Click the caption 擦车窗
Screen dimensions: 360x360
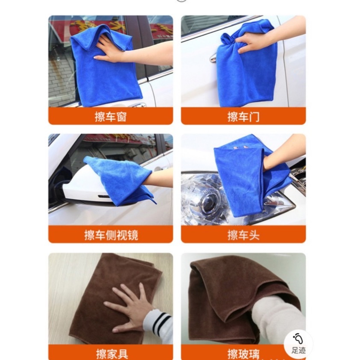[x=111, y=117]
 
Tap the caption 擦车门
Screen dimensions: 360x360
[x=243, y=117]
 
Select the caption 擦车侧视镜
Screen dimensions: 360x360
[x=111, y=235]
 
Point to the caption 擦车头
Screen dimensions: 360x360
[x=243, y=235]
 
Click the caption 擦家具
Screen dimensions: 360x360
[x=112, y=354]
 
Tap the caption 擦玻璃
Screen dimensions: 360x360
[x=243, y=354]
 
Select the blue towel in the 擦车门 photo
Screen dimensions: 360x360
[x=247, y=67]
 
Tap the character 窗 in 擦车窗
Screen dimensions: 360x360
[x=121, y=117]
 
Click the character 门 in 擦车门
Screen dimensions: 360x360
[x=254, y=117]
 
